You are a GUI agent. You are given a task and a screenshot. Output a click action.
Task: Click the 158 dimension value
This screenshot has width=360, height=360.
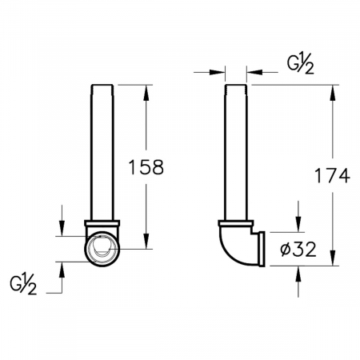pyautogui.click(x=146, y=167)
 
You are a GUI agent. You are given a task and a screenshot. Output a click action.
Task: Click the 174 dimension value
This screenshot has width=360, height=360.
pyautogui.click(x=332, y=175)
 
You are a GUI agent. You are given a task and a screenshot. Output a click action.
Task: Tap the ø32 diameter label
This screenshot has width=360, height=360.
pyautogui.click(x=298, y=250)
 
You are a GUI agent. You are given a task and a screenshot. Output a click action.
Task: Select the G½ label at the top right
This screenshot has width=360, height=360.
pyautogui.click(x=300, y=66)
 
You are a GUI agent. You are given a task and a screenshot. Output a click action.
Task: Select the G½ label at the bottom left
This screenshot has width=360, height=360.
pyautogui.click(x=23, y=286)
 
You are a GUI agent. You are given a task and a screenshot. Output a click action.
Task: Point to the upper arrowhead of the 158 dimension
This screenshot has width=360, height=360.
pyautogui.click(x=146, y=93)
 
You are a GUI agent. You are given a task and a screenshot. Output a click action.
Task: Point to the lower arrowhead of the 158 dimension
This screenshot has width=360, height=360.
pyautogui.click(x=146, y=241)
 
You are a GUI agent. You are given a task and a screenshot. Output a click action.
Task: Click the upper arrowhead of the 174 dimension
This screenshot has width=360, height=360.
pyautogui.click(x=332, y=93)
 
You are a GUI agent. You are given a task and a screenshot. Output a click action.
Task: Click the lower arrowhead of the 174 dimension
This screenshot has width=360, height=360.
pyautogui.click(x=332, y=258)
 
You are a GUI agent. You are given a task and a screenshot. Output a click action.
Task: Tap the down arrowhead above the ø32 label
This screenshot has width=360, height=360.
pyautogui.click(x=298, y=225)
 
